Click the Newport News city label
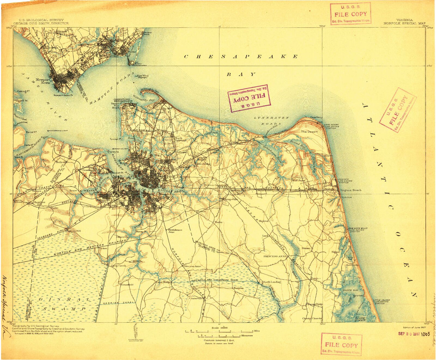point(43,81)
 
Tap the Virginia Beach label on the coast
point(350,190)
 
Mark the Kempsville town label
point(231,200)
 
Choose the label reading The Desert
point(309,132)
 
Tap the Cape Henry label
point(317,118)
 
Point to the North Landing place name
point(272,282)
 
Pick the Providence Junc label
point(175,231)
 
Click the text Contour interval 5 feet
point(215,340)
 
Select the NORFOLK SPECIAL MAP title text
point(405,23)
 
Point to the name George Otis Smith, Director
point(41,23)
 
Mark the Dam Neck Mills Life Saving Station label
point(358,230)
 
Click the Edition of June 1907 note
point(414,327)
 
